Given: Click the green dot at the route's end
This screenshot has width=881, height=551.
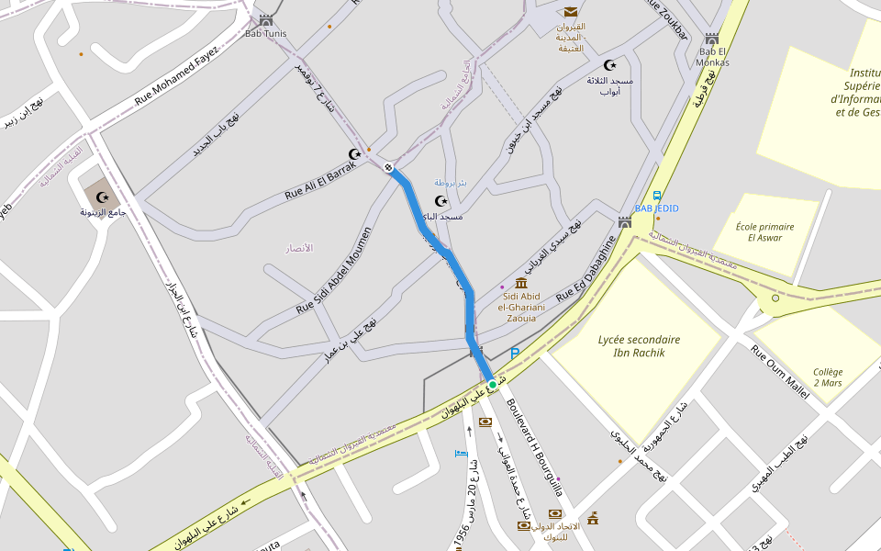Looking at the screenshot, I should coord(492,385).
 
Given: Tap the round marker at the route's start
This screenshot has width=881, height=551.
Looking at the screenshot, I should coord(389,167).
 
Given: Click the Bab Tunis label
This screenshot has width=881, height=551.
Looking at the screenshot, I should coord(266,34).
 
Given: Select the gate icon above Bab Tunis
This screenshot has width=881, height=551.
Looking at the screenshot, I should coord(266,20).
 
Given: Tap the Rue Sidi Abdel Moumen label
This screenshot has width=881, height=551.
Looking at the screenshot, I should coord(333,271).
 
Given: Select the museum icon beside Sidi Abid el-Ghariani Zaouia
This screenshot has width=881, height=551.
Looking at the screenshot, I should coord(521,282).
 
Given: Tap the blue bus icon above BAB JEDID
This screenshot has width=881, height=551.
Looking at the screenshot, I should coord(657,196).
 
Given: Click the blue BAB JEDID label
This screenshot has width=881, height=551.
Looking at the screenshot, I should coord(656,208).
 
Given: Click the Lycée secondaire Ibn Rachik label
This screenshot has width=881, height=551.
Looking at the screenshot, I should coord(639,345).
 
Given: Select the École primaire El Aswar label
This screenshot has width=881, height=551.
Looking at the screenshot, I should coord(764,231).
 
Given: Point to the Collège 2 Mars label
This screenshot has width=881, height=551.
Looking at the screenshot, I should coord(827,377).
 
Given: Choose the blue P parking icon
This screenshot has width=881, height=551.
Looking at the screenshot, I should coord(515,353).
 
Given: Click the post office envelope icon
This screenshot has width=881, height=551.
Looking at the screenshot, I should coord(571,12).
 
